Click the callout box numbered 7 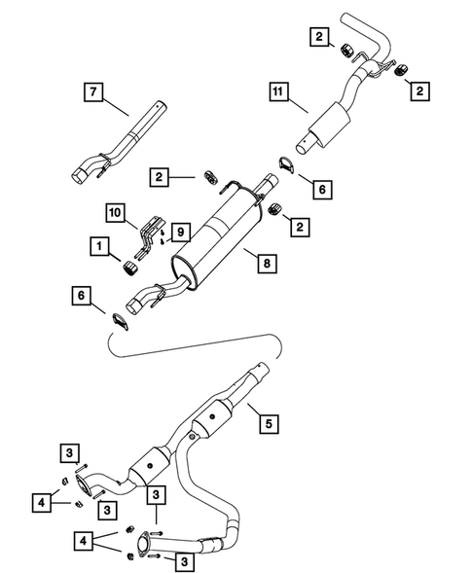click(x=92, y=93)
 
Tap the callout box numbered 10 click(x=116, y=211)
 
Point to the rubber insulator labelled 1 click(x=129, y=269)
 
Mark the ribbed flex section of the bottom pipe click(x=212, y=546)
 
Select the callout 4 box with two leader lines click(x=85, y=538)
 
